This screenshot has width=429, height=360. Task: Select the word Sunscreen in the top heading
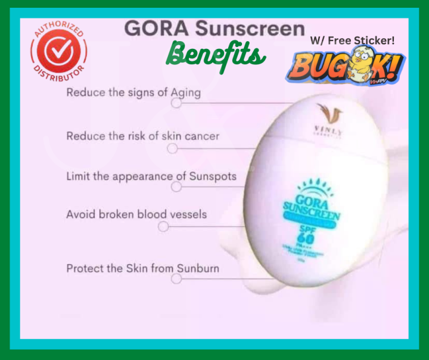click(x=250, y=29)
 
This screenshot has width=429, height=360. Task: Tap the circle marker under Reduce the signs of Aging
click(x=176, y=103)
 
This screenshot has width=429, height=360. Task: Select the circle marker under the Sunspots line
click(x=176, y=187)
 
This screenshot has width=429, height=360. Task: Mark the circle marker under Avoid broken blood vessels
click(x=163, y=226)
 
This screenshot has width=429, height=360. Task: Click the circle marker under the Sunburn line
click(x=177, y=278)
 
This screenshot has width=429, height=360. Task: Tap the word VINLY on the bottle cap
click(x=325, y=130)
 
